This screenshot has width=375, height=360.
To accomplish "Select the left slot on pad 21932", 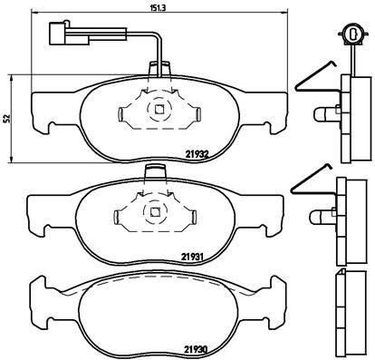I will coord(124,114).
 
